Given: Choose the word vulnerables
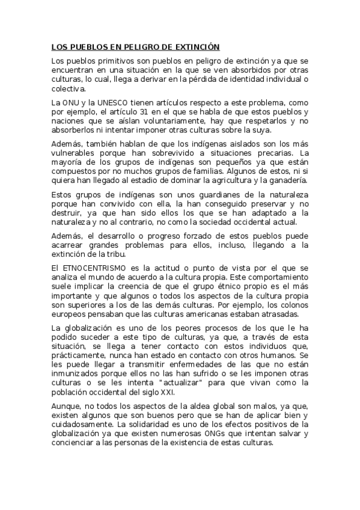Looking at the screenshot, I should coord(72,153).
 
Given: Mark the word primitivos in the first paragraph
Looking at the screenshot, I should coord(105,61).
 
